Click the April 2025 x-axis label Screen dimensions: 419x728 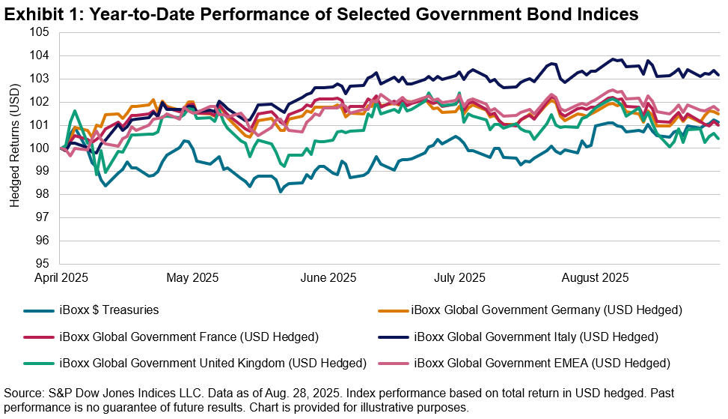(x=61, y=277)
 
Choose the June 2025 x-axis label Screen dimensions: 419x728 (x=327, y=277)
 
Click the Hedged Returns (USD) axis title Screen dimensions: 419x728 (x=16, y=148)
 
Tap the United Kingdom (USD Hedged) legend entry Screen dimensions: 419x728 (x=212, y=363)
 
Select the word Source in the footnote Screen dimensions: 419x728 (x=22, y=393)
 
